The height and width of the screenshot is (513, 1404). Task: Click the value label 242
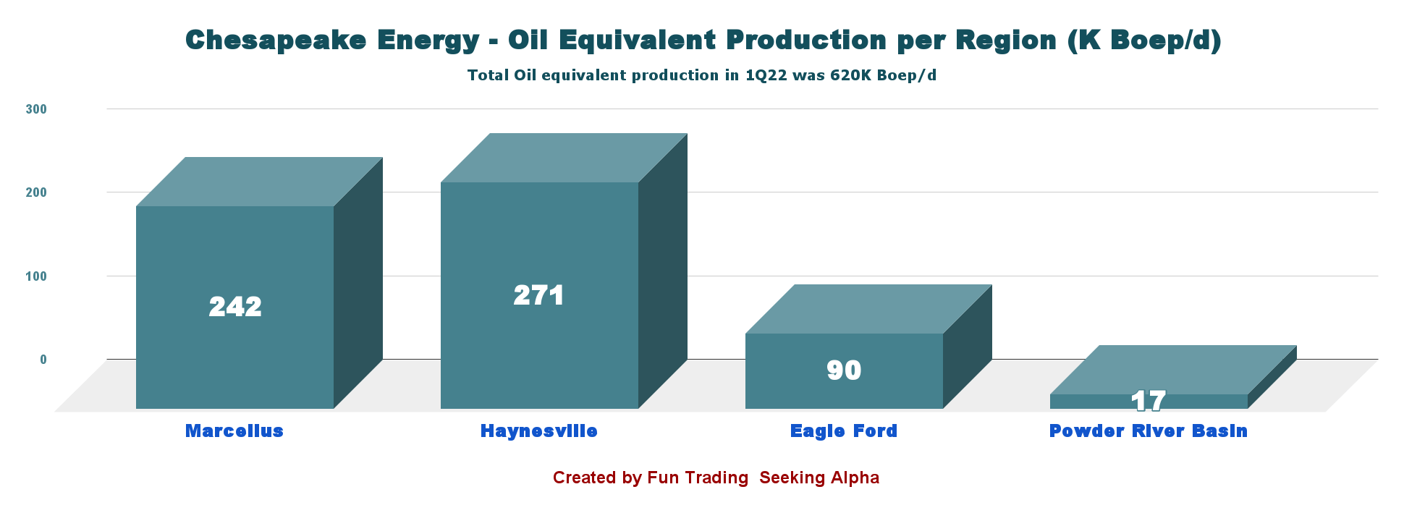tap(235, 307)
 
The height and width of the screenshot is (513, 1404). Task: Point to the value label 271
tap(539, 295)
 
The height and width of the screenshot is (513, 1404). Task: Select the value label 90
tap(844, 370)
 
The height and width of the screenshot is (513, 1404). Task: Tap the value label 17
tap(1149, 400)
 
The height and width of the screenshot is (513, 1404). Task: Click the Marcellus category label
tap(234, 431)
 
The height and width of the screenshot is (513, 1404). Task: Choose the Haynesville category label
tap(539, 431)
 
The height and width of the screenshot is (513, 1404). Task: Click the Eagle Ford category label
tap(844, 431)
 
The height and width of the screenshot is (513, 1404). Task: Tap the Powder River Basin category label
tap(1149, 431)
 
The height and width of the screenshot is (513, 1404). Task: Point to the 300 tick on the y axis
tap(36, 109)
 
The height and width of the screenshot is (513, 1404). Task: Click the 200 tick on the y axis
tap(36, 192)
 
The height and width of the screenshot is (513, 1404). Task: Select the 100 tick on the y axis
tap(36, 276)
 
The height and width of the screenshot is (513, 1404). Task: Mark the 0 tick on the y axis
tap(43, 360)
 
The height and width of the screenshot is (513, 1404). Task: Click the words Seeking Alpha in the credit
tap(819, 478)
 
